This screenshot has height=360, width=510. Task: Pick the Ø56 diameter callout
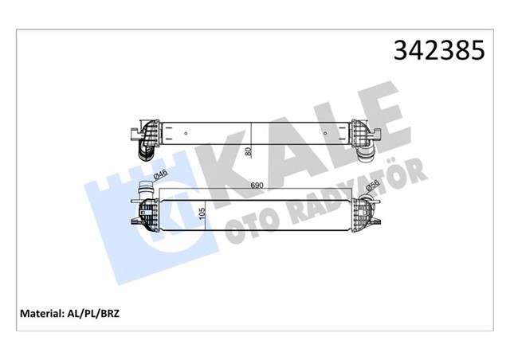click(371, 188)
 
